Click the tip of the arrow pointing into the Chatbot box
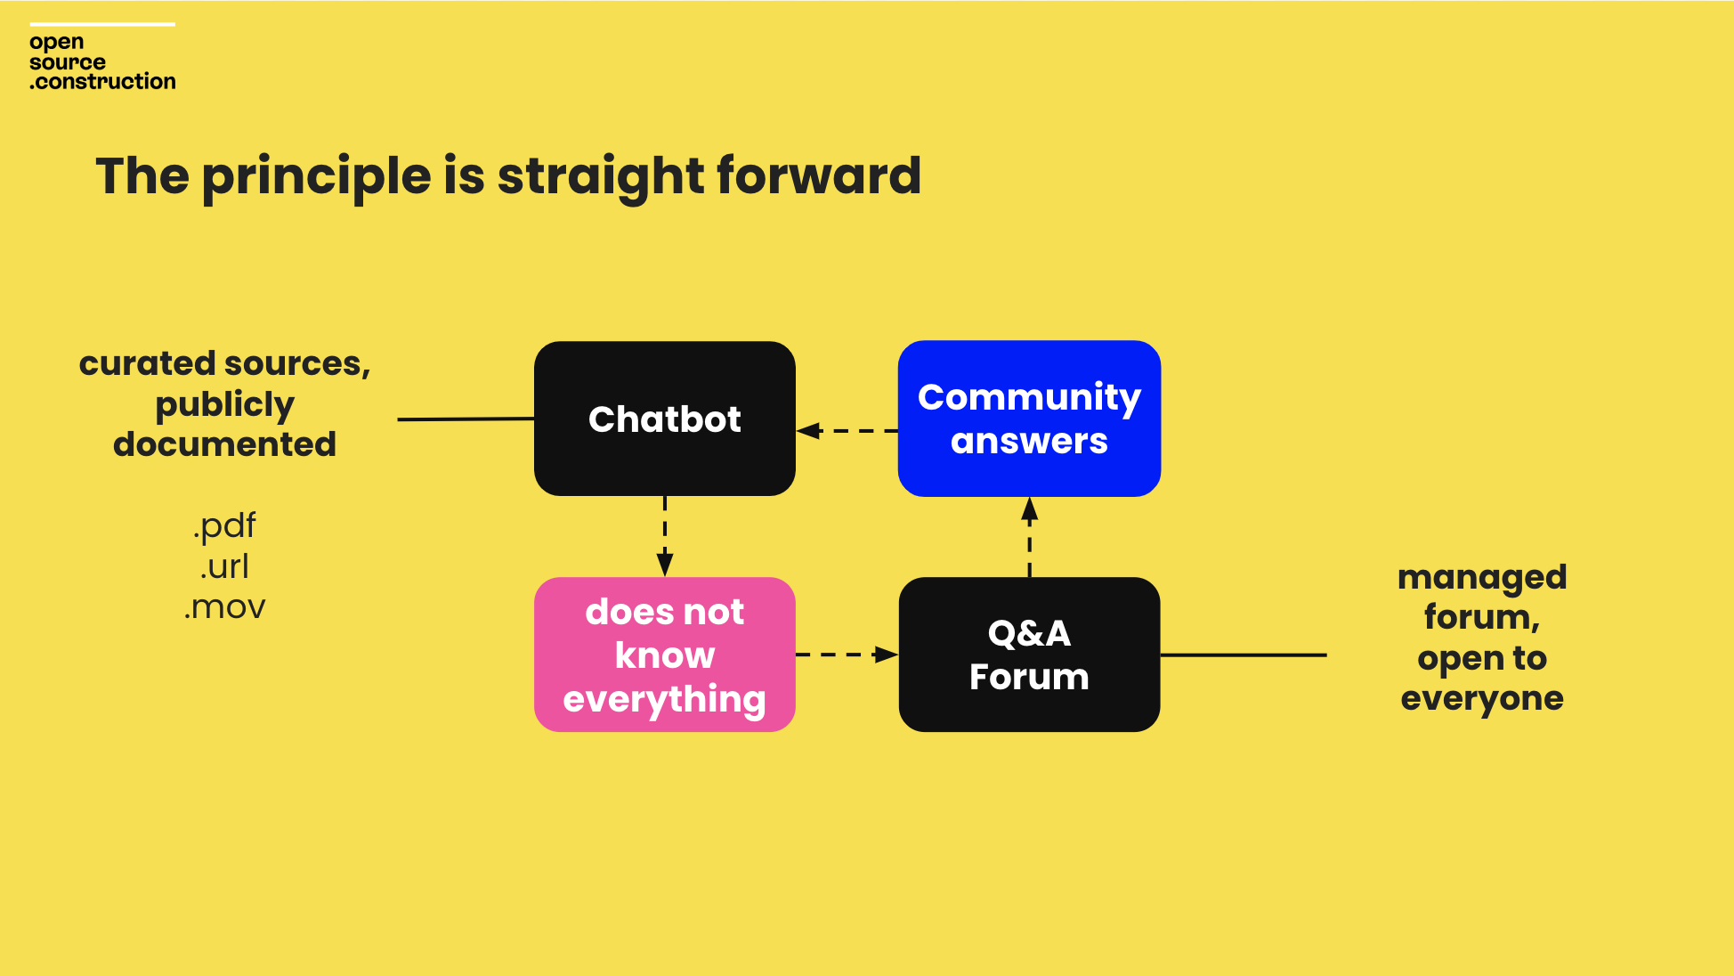pyautogui.click(x=798, y=431)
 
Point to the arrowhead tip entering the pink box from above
pyautogui.click(x=665, y=576)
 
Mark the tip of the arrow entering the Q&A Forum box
pyautogui.click(x=898, y=655)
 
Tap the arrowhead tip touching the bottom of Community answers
pyautogui.click(x=1030, y=498)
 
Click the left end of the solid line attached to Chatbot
pyautogui.click(x=398, y=419)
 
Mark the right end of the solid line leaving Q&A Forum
pyautogui.click(x=1326, y=655)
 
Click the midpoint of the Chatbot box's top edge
pyautogui.click(x=665, y=342)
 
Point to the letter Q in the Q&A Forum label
pyautogui.click(x=1003, y=634)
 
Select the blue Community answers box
pyautogui.click(x=1029, y=419)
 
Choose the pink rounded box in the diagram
pyautogui.click(x=665, y=655)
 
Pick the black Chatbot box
pyautogui.click(x=665, y=419)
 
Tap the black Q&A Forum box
pyautogui.click(x=1029, y=655)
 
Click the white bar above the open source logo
pyautogui.click(x=102, y=24)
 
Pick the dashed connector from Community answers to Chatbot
pyautogui.click(x=847, y=431)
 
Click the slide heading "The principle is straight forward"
pyautogui.click(x=508, y=176)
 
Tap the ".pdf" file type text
pyautogui.click(x=224, y=525)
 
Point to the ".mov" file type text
pyautogui.click(x=224, y=607)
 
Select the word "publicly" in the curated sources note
pyautogui.click(x=224, y=405)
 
